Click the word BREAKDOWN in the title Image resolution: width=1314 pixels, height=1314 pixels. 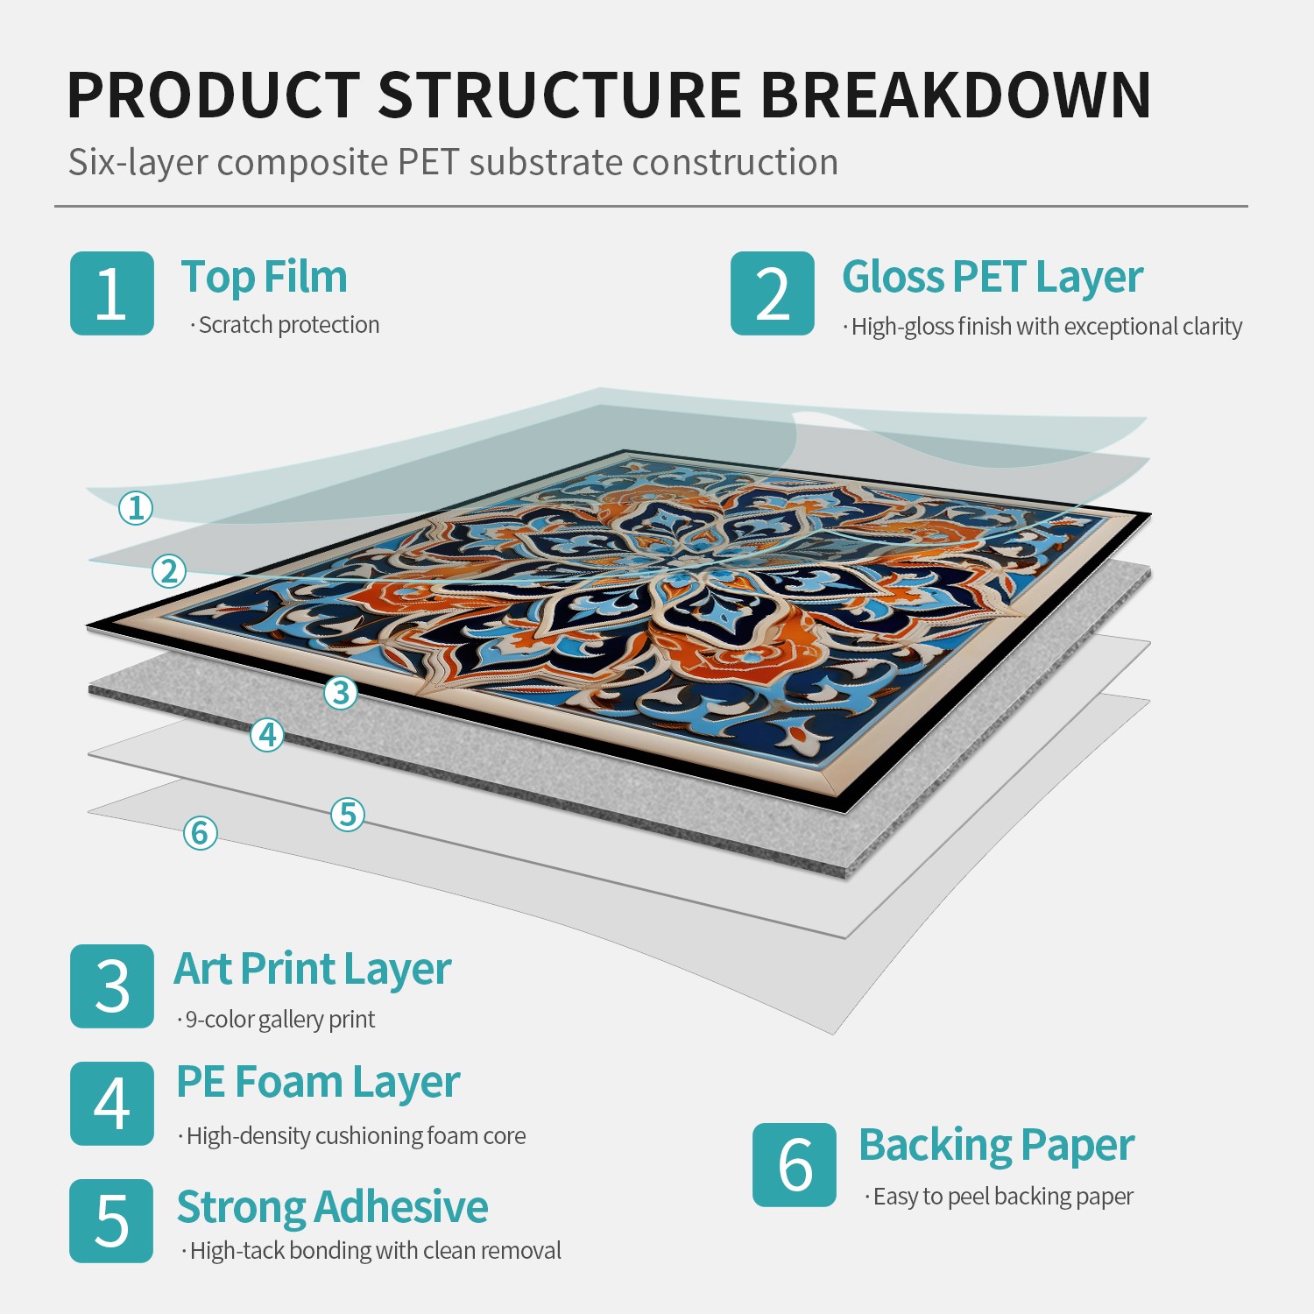coord(956,95)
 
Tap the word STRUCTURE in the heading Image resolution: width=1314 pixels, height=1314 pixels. coord(560,95)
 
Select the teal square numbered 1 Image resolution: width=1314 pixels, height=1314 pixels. coord(112,293)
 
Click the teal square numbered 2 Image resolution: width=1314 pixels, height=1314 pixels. coord(773,293)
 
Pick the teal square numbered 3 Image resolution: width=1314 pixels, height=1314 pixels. coord(112,986)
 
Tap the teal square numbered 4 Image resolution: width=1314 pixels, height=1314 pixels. coord(112,1104)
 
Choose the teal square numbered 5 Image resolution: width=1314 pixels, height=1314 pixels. coord(111,1221)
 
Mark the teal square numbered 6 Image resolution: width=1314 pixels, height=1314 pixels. coord(795,1165)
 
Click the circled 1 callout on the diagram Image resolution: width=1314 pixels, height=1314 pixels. coord(136,507)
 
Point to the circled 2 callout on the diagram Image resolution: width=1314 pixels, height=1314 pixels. coord(169,571)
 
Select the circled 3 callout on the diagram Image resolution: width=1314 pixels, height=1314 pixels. coord(341,693)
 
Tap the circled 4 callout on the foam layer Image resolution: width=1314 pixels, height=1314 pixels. coord(268,734)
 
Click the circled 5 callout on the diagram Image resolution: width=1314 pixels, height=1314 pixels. coord(348,815)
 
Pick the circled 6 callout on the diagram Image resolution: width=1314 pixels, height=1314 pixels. coord(201,833)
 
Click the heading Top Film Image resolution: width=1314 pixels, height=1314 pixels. coord(264,277)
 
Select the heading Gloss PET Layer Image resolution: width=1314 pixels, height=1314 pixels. coord(993,278)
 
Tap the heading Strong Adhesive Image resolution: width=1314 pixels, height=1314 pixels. coord(332,1207)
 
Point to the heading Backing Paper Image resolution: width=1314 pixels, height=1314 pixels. coord(996,1146)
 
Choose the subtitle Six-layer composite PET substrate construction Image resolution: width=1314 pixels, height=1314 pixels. coord(453,163)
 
